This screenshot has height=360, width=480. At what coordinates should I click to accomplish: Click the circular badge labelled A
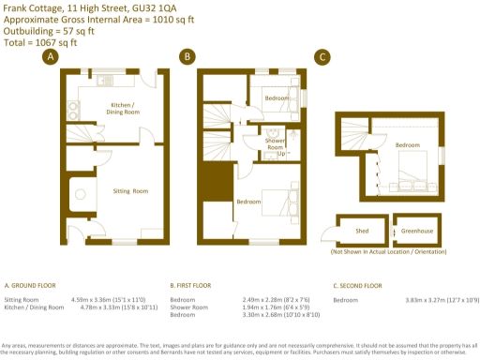pos(52,57)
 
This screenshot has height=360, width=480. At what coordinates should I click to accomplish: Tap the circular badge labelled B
pos(187,57)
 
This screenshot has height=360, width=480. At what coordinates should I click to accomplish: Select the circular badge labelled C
pos(323,57)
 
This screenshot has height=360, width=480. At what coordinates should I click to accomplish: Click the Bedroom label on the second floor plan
pos(407,145)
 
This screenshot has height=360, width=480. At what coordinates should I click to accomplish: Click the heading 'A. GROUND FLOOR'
pos(34,284)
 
